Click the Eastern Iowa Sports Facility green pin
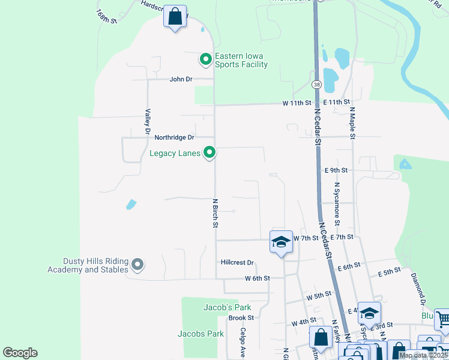tap(205, 59)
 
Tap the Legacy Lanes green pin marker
tap(209, 153)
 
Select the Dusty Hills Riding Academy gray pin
tap(137, 264)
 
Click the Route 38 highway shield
tap(316, 84)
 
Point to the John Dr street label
tap(181, 79)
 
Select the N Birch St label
tap(215, 213)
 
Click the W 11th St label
tap(298, 103)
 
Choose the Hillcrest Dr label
tap(238, 263)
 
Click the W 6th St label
tap(258, 278)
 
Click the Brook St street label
tap(241, 318)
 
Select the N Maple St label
tap(353, 124)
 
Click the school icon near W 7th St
tap(281, 242)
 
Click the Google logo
tap(20, 353)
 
